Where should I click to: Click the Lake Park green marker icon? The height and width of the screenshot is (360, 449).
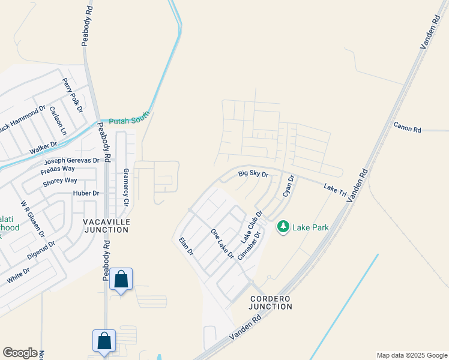click(283, 227)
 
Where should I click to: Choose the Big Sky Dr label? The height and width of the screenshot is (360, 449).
click(253, 174)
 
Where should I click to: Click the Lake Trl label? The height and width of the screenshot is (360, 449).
click(335, 188)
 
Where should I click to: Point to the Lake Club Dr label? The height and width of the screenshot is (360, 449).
click(252, 226)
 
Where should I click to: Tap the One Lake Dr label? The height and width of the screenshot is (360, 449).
click(222, 244)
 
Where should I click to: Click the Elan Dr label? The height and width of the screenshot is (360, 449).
click(186, 247)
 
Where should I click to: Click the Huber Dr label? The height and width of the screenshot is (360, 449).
click(86, 193)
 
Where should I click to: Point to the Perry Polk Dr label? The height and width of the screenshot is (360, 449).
click(71, 91)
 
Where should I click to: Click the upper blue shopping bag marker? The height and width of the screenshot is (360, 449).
click(121, 279)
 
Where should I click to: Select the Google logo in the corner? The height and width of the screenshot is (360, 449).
click(20, 353)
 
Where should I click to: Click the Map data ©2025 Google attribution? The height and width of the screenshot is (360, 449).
click(411, 355)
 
